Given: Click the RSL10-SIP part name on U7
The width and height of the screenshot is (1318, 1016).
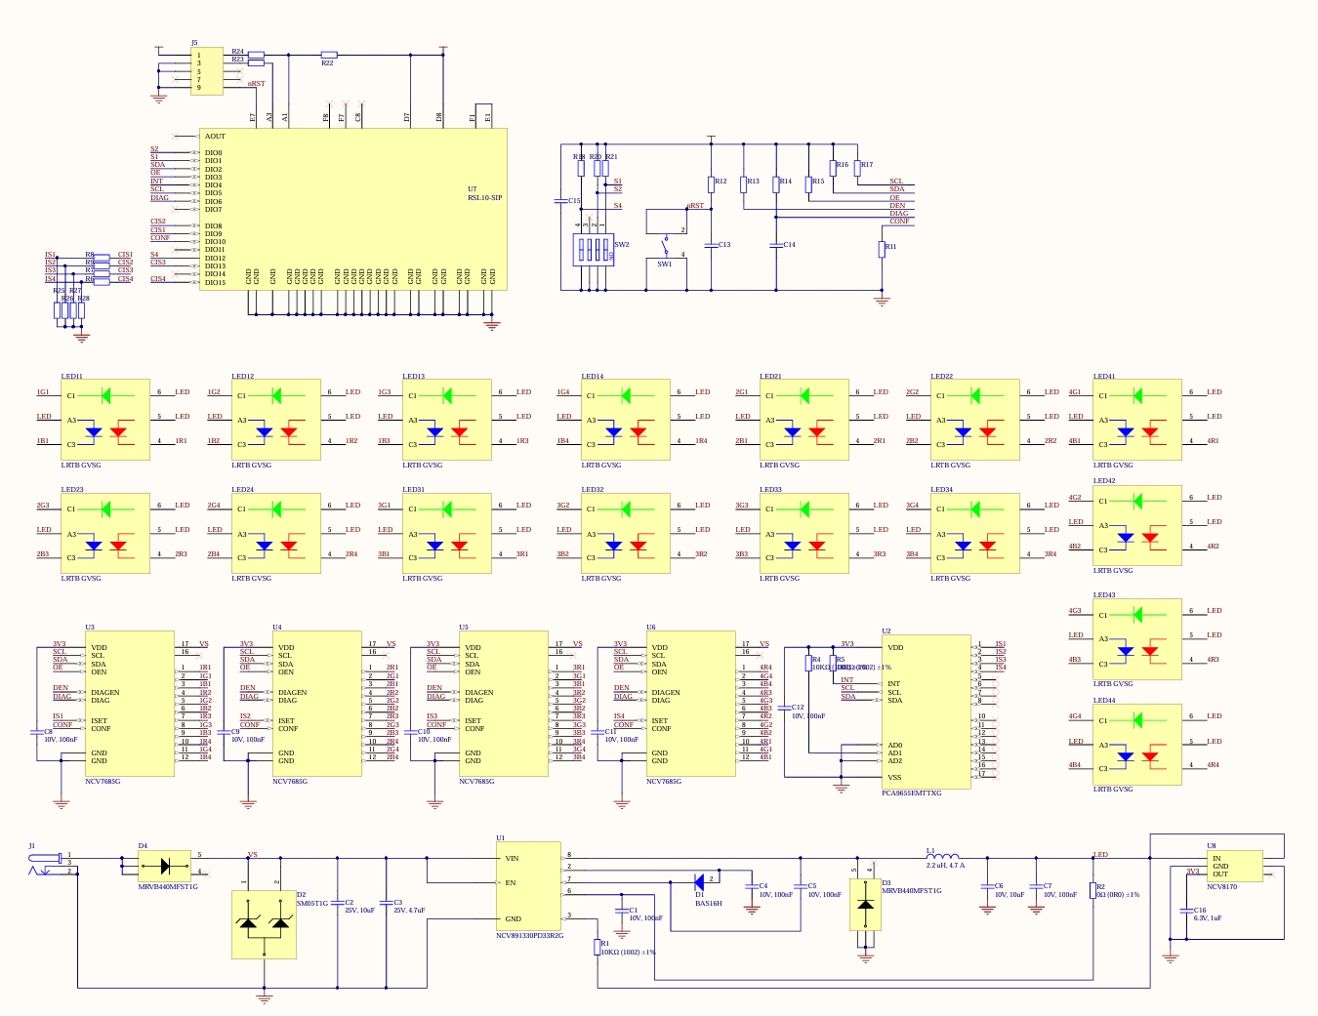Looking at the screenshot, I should [x=484, y=198].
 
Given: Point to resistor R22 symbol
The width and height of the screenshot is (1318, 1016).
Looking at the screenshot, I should [x=329, y=55].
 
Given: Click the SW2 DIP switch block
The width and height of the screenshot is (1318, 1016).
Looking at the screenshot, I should [x=592, y=250].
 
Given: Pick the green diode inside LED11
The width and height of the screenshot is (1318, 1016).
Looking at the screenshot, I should [x=104, y=395].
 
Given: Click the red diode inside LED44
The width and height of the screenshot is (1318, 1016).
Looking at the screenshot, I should [x=1150, y=755].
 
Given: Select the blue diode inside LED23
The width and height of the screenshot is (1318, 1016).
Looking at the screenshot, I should [x=94, y=546].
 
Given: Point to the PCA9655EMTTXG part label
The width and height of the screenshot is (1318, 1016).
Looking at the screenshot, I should [x=911, y=793].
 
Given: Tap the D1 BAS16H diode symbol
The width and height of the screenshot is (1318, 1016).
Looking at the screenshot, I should [x=699, y=882].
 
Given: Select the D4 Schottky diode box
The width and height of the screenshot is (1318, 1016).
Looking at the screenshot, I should [x=164, y=865].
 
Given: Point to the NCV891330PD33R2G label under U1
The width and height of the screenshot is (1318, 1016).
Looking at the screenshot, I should [x=529, y=935].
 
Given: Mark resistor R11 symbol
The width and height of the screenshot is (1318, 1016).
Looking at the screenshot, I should [x=882, y=249].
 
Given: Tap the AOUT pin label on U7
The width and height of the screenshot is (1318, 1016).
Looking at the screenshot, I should [x=215, y=137].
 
